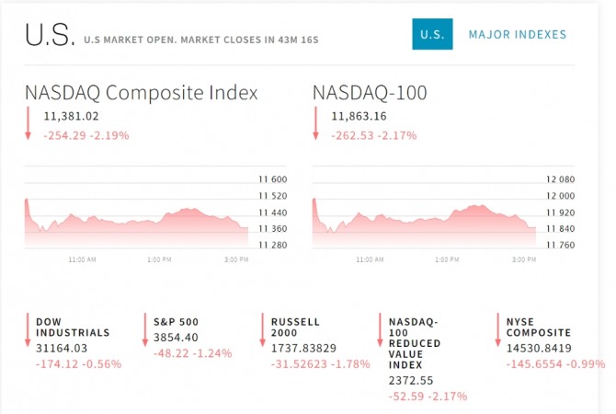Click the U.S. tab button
coord(432,35)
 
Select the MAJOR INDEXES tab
coord(518,35)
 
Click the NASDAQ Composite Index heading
coord(141,93)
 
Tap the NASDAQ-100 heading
coord(370,93)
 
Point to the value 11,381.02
coord(71,116)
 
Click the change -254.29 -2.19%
coord(86,135)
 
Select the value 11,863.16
coord(359,116)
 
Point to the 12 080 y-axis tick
coord(561,180)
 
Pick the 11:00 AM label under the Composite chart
coord(82,260)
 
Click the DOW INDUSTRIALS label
coord(73,327)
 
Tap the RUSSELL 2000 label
coord(296,327)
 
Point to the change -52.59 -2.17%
coord(428,396)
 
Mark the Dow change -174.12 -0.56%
coord(78,363)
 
